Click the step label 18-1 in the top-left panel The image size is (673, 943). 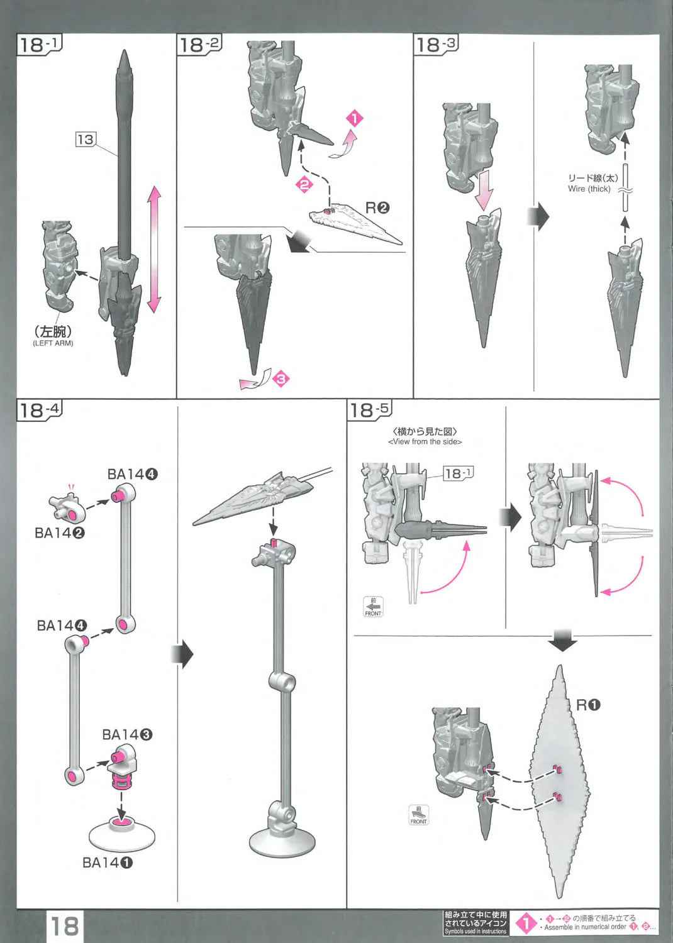[38, 45]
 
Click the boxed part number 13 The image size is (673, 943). [85, 139]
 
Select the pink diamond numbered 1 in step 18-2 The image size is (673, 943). [355, 118]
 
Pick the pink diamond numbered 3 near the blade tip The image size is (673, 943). [281, 378]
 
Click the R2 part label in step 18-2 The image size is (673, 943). [377, 207]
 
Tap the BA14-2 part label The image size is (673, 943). [59, 532]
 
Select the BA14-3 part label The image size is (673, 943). [127, 734]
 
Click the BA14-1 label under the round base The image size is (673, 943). [107, 863]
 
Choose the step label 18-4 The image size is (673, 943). [38, 410]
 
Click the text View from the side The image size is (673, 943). [425, 441]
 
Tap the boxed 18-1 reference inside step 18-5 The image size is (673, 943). [458, 473]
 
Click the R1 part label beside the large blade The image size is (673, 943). [588, 705]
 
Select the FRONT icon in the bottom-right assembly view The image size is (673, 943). [418, 815]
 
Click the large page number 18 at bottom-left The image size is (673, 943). [65, 926]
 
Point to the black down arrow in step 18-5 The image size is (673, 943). [562, 641]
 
